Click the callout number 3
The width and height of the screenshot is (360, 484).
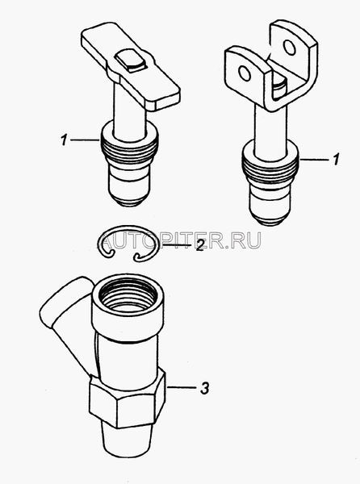(204, 388)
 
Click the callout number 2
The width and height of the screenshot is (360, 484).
(199, 245)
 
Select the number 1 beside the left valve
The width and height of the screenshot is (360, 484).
(64, 140)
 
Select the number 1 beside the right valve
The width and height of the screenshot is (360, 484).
(336, 160)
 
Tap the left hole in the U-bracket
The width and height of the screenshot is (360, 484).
(245, 73)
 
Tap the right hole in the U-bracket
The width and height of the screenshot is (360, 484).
(290, 48)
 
